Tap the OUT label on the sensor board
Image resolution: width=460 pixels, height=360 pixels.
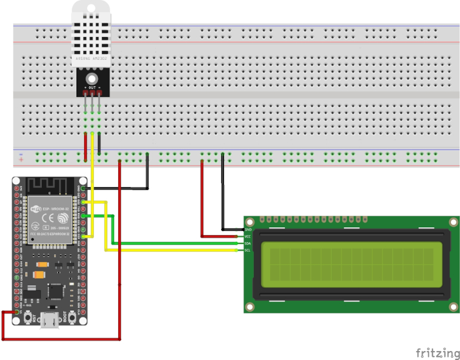[92, 87]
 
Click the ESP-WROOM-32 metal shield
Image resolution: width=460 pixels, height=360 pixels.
[48, 218]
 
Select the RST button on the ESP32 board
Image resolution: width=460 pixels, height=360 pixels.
[26, 317]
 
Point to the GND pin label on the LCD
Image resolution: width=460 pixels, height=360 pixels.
[248, 230]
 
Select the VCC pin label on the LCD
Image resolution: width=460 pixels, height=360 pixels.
[248, 237]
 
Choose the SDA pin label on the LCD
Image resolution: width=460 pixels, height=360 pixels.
[248, 243]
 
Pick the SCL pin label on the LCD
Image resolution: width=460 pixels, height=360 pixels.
[248, 250]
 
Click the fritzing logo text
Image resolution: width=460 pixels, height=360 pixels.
[437, 352]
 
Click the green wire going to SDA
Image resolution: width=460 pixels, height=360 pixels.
[179, 243]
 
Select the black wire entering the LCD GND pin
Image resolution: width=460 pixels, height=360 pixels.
[233, 229]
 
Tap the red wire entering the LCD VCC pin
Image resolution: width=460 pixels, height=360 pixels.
[221, 236]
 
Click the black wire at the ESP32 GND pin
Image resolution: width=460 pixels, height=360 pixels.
[119, 188]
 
